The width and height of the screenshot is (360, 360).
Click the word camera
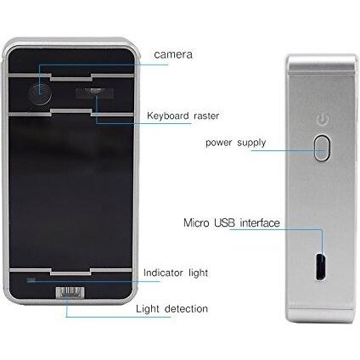(173, 54)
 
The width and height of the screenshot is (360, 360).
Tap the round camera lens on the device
(40, 93)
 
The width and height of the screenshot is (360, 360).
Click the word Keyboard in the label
(168, 115)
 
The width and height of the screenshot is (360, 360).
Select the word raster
(206, 115)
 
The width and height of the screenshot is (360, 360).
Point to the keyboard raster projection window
(94, 93)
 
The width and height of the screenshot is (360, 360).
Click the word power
(218, 143)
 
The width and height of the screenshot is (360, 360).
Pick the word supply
(251, 143)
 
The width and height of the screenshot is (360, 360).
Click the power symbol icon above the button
(323, 120)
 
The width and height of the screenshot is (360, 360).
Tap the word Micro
(196, 222)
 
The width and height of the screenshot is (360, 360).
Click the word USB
(224, 222)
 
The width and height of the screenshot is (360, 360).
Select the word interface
(260, 222)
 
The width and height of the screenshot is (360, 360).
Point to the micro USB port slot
(321, 266)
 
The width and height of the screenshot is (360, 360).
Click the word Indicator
(163, 273)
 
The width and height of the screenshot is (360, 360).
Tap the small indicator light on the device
(31, 280)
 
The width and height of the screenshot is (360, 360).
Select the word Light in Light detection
(148, 309)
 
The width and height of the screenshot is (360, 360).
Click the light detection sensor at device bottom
(70, 292)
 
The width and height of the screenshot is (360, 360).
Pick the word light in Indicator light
(199, 273)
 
